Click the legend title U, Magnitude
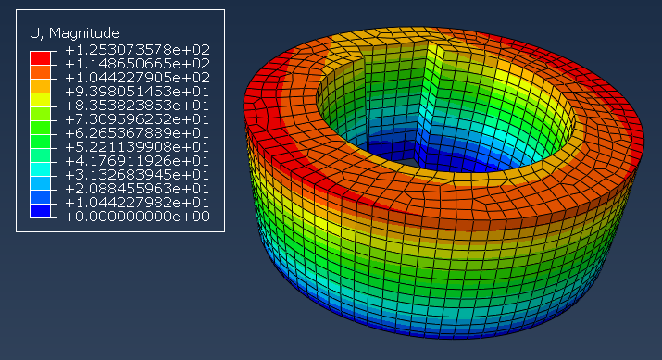point(74,33)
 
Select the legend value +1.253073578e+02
point(138,50)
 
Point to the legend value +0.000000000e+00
point(138,217)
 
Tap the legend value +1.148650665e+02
point(138,64)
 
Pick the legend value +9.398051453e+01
point(138,92)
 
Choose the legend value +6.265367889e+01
point(138,133)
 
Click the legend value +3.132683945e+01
point(138,175)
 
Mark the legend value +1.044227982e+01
point(138,203)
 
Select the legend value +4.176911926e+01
point(138,161)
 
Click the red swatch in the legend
point(40,58)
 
